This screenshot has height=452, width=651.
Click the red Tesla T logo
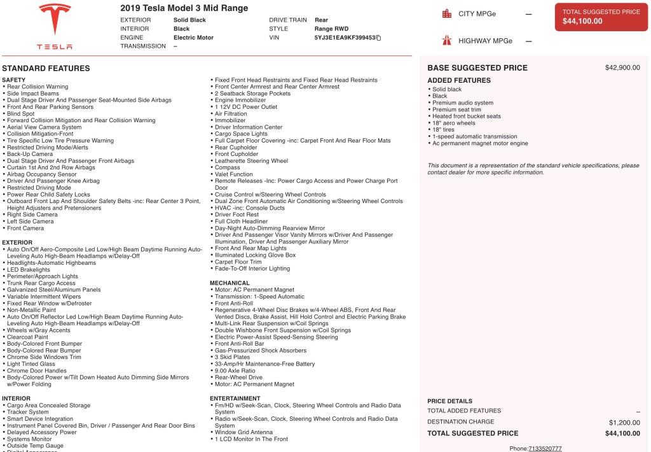pyautogui.click(x=55, y=20)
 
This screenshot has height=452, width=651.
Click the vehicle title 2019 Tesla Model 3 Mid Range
pyautogui.click(x=184, y=8)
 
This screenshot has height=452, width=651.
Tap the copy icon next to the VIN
pyautogui.click(x=378, y=38)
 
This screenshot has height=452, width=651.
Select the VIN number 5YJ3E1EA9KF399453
pyautogui.click(x=344, y=38)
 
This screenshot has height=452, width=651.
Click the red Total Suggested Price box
pyautogui.click(x=601, y=17)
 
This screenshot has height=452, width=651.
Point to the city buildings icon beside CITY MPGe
pyautogui.click(x=447, y=13)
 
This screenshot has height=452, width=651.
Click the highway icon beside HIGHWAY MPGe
pyautogui.click(x=447, y=41)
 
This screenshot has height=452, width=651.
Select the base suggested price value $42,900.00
pyautogui.click(x=622, y=67)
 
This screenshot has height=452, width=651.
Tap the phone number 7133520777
pyautogui.click(x=545, y=448)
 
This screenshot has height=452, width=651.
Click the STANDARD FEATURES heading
pyautogui.click(x=46, y=68)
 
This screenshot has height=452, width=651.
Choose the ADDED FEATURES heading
pyautogui.click(x=458, y=80)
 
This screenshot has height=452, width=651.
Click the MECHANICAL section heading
pyautogui.click(x=230, y=283)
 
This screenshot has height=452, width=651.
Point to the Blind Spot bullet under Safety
pyautogui.click(x=21, y=113)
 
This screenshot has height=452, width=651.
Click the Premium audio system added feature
pyautogui.click(x=463, y=103)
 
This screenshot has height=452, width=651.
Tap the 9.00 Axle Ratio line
pyautogui.click(x=235, y=371)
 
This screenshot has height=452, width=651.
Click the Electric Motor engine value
pyautogui.click(x=193, y=38)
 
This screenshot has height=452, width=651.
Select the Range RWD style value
pyautogui.click(x=331, y=29)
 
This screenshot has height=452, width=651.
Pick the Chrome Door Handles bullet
pyautogui.click(x=36, y=371)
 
